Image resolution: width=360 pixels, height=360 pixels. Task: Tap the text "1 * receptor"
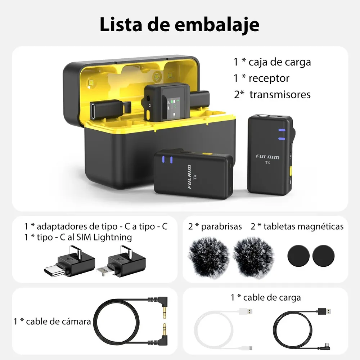pos(261,78)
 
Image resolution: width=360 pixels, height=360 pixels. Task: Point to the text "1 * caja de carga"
pos(272,62)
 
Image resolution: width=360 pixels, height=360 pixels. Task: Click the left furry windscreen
pos(208,257)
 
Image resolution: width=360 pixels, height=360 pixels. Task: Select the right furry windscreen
pos(252,257)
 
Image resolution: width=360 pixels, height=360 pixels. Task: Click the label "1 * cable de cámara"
pos(52,321)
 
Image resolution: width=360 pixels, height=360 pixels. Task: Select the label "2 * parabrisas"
pos(215,226)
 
